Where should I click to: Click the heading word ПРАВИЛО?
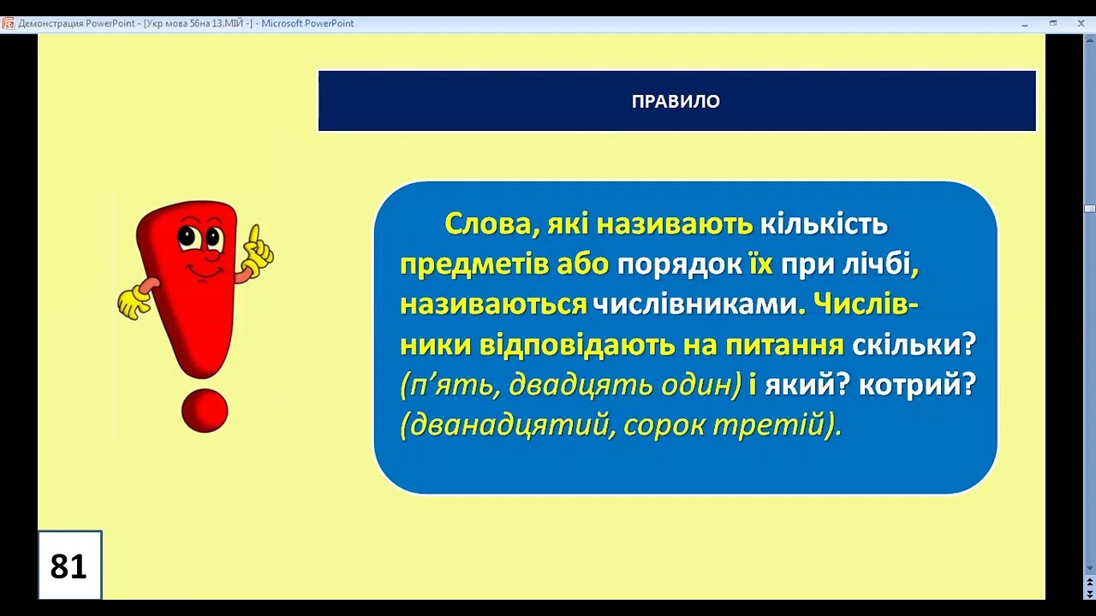pos(676,102)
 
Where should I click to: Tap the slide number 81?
pos(68,566)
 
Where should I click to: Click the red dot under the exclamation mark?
pos(205,411)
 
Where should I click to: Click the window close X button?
pos(1081,23)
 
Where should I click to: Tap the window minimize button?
pos(1025,23)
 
